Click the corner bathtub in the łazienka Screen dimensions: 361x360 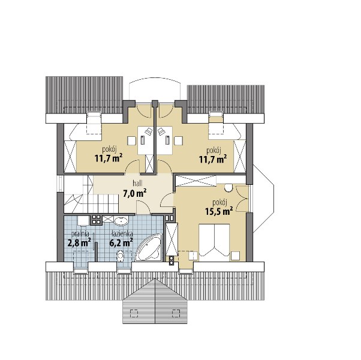pos(149,248)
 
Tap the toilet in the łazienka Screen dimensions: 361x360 pos(120,257)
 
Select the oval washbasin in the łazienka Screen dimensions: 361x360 pos(121,221)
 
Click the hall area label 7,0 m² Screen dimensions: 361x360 pos(135,193)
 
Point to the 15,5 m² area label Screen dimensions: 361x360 pos(219,211)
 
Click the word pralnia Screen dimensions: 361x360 pos(80,234)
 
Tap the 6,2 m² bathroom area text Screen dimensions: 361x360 pos(121,242)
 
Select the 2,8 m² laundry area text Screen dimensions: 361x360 pos(79,243)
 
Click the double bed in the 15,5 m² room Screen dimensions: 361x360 pos(214,242)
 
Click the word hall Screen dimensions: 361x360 pos(137,184)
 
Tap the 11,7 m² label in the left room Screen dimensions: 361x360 pos(108,158)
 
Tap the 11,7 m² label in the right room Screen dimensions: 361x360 pos(213,159)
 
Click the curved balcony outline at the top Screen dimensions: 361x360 pos(155,78)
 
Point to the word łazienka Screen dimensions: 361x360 pos(122,234)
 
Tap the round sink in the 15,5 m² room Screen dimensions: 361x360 pos(228,187)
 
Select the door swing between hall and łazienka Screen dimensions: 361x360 pos(143,207)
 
